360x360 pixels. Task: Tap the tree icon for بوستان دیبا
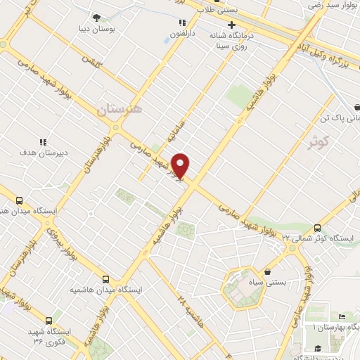(96, 18)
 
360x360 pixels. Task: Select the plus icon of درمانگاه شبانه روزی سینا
(231, 25)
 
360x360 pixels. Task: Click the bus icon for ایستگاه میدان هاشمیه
(105, 279)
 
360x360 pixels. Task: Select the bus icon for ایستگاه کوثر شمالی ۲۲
(317, 228)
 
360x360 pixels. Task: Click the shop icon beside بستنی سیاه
(267, 271)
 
